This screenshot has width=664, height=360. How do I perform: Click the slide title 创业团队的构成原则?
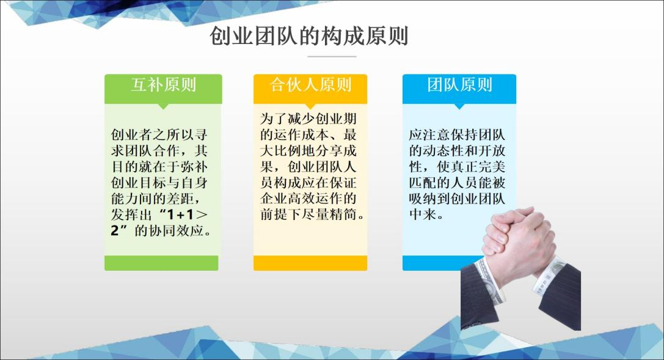[308, 36]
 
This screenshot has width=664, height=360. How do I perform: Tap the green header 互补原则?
[163, 85]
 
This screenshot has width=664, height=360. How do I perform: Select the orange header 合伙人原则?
[310, 85]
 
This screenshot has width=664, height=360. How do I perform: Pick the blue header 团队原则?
[459, 85]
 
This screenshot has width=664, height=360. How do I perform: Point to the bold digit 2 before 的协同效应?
[115, 231]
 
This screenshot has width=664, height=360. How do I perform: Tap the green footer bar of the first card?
[161, 263]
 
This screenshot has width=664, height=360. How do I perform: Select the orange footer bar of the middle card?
[310, 263]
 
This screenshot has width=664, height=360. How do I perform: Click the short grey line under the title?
[332, 56]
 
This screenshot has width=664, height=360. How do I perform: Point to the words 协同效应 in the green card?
[176, 231]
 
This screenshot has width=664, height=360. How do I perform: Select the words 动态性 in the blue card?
[444, 151]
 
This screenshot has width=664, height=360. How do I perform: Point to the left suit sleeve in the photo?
[478, 296]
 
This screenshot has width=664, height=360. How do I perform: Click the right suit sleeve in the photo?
[558, 296]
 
